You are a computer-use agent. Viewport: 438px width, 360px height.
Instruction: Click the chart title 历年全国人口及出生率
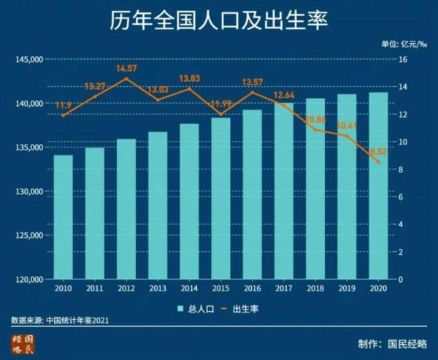pyautogui.click(x=219, y=20)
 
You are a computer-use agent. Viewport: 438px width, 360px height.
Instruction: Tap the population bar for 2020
pyautogui.click(x=377, y=185)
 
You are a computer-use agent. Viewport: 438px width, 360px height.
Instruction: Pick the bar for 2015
pyautogui.click(x=220, y=198)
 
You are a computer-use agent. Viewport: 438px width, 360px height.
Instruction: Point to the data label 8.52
pyautogui.click(x=377, y=151)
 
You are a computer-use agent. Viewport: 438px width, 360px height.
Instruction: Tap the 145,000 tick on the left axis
pyautogui.click(x=30, y=59)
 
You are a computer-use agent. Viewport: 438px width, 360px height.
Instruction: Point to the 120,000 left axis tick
pyautogui.click(x=30, y=279)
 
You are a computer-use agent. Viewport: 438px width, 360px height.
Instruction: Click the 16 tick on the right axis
pyautogui.click(x=401, y=59)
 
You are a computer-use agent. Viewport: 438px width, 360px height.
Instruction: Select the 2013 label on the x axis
pyautogui.click(x=157, y=289)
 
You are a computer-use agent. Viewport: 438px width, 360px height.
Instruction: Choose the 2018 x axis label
pyautogui.click(x=315, y=289)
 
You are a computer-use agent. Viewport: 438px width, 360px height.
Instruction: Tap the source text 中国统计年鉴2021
pyautogui.click(x=78, y=320)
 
